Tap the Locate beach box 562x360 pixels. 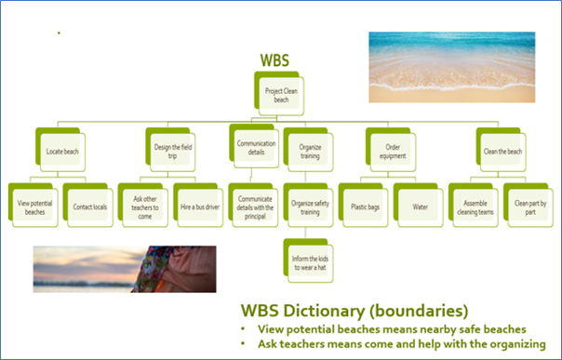[x=62, y=150]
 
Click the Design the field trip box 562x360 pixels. [x=169, y=150]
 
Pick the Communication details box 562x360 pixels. [x=255, y=150]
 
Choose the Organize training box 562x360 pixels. [x=310, y=150]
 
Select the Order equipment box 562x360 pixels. [x=392, y=150]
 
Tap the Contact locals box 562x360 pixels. [x=90, y=204]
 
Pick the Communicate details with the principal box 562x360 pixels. [x=255, y=204]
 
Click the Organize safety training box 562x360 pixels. [x=310, y=204]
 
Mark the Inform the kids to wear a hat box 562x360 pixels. [x=310, y=257]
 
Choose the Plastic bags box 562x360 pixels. [x=364, y=204]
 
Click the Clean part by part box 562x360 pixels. [x=528, y=204]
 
